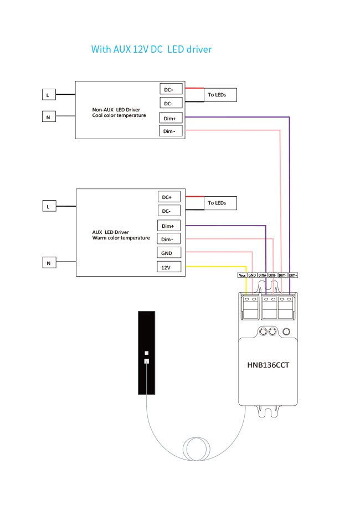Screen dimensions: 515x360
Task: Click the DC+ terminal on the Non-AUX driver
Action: (x=168, y=89)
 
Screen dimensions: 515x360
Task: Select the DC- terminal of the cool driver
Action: (x=168, y=103)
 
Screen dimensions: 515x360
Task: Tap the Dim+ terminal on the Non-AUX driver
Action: (x=168, y=118)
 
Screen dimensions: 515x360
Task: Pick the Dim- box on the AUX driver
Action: (x=167, y=239)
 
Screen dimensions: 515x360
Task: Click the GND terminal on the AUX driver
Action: (x=167, y=253)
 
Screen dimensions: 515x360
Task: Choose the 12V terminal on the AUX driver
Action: (x=167, y=267)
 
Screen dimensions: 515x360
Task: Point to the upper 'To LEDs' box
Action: (x=220, y=95)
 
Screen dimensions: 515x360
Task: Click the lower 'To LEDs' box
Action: (x=220, y=203)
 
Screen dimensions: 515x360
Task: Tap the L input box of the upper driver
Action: (x=48, y=95)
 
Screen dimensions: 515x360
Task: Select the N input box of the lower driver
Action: (x=48, y=263)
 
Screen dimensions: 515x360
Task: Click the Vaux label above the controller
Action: (x=242, y=275)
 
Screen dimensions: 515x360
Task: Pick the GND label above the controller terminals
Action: (x=251, y=275)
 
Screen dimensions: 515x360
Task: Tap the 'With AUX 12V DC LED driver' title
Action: (x=151, y=49)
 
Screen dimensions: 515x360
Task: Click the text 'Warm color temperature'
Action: (x=121, y=238)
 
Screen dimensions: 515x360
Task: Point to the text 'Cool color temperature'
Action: (x=119, y=115)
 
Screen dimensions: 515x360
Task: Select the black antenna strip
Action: (x=146, y=353)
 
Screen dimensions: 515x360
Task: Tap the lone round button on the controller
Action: (x=286, y=332)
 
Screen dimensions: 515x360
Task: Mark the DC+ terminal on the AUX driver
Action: (x=167, y=197)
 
